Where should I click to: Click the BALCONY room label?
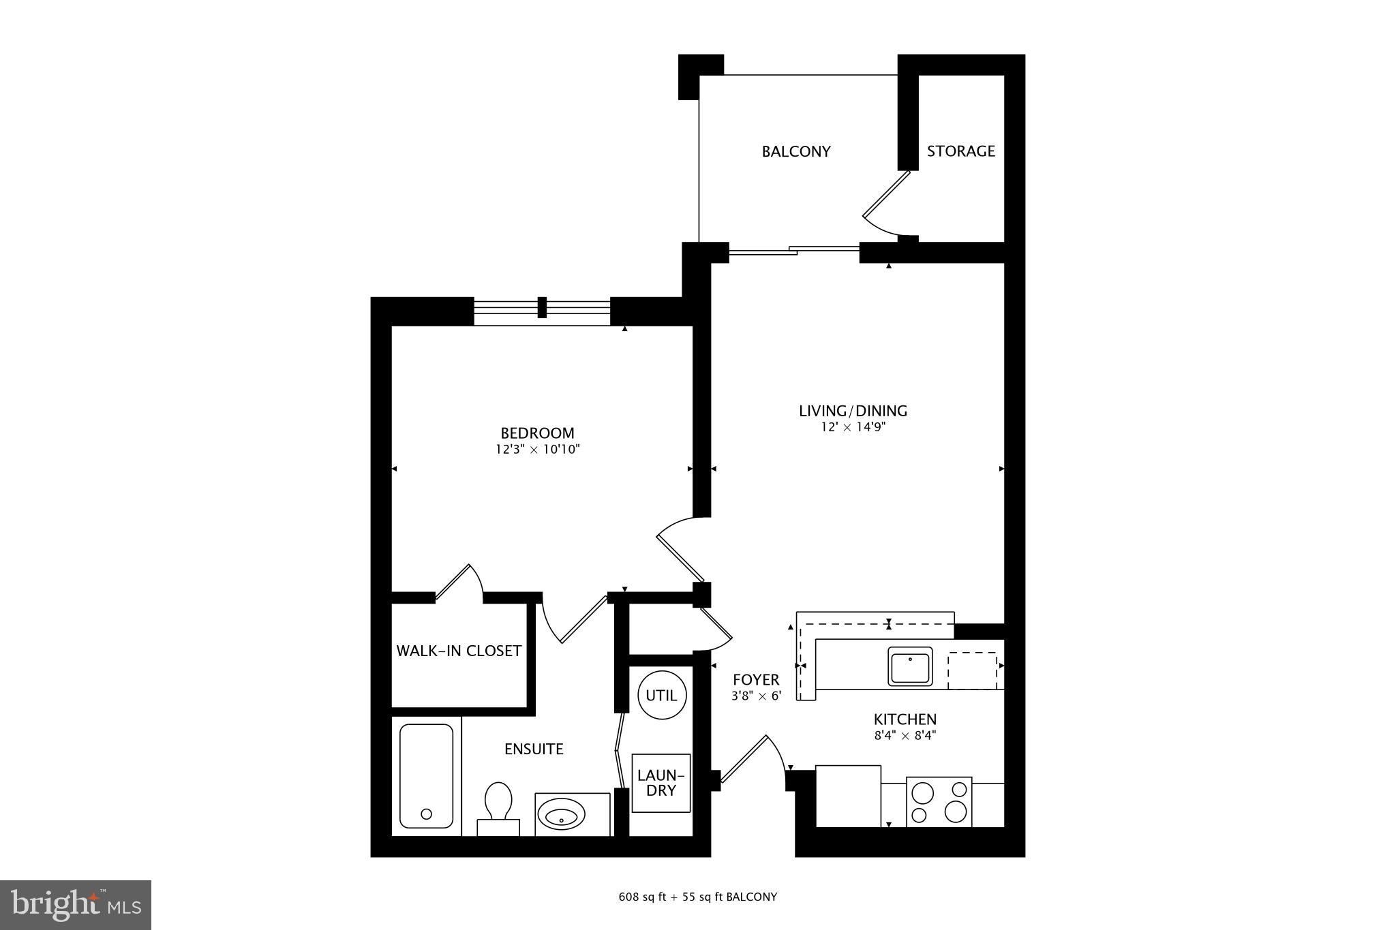tap(795, 151)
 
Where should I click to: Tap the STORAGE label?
tap(960, 151)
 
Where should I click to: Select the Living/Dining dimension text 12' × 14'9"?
tap(853, 428)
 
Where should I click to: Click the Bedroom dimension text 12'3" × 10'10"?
tap(537, 450)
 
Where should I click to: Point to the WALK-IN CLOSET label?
tap(459, 651)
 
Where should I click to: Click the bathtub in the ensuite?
tap(426, 775)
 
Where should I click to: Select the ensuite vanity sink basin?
tap(561, 813)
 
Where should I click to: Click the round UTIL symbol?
tap(661, 695)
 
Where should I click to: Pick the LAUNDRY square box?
tap(661, 783)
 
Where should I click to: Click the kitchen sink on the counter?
tap(909, 666)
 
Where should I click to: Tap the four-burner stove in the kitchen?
tap(939, 802)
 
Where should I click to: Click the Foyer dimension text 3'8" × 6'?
tap(755, 696)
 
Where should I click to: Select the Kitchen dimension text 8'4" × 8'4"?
tap(905, 735)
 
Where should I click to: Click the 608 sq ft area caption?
tap(697, 897)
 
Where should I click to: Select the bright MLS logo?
tap(76, 905)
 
